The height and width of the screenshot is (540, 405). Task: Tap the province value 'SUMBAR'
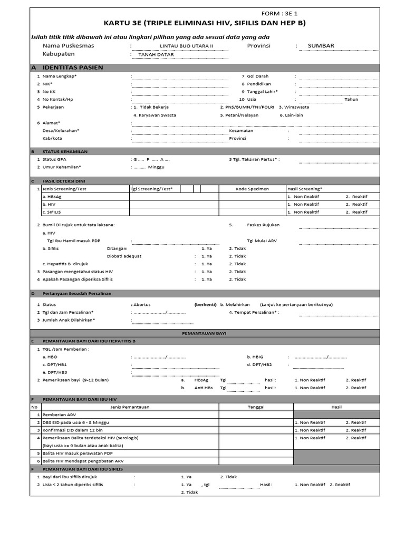click(x=321, y=46)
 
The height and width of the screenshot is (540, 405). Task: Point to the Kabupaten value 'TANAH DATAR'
click(x=156, y=54)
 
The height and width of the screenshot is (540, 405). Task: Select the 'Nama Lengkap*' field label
click(x=60, y=76)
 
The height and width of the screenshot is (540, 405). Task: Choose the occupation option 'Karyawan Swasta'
click(x=155, y=114)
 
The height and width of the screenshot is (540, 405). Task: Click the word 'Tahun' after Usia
click(x=351, y=99)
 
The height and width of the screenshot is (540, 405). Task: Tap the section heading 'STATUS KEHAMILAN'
click(x=65, y=151)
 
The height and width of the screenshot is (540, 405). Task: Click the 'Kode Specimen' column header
click(x=252, y=188)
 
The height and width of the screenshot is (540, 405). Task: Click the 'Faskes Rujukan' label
click(x=263, y=225)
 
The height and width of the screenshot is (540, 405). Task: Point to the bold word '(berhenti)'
click(x=205, y=304)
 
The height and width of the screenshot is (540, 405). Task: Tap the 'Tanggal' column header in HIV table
click(x=256, y=407)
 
